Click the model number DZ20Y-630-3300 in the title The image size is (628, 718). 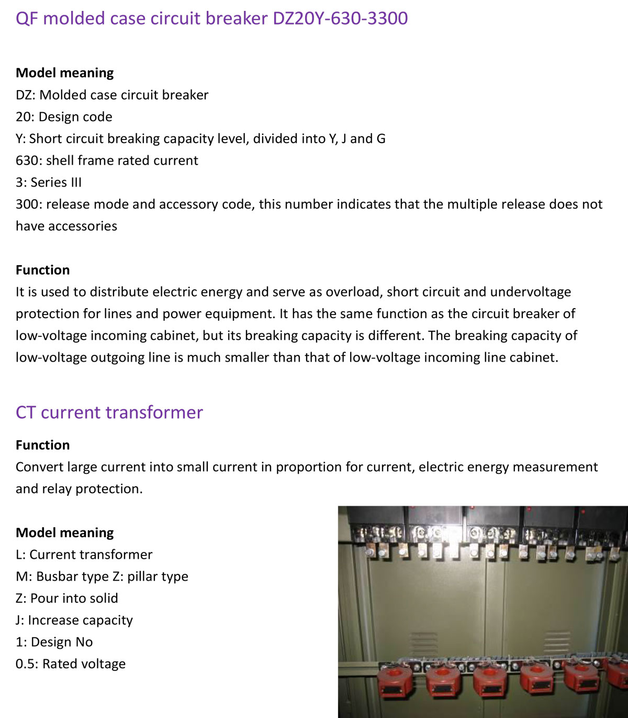click(340, 18)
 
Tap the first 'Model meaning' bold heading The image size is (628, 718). click(65, 73)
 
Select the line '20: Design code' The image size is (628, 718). click(64, 117)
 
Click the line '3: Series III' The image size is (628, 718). click(49, 182)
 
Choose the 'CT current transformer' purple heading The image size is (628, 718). click(109, 412)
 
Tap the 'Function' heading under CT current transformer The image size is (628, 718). click(42, 445)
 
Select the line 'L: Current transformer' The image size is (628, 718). click(84, 554)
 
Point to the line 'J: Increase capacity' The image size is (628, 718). click(74, 621)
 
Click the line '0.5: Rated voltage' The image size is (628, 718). click(71, 664)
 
